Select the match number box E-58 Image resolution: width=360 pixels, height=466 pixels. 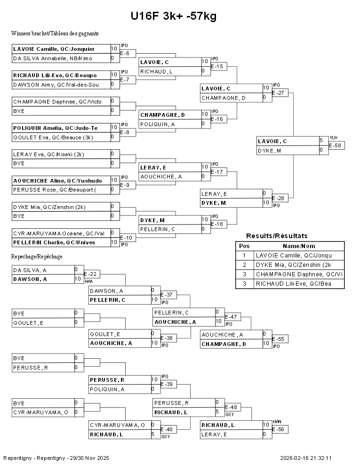click(x=336, y=145)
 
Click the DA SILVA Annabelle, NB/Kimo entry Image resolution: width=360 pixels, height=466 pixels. click(x=61, y=58)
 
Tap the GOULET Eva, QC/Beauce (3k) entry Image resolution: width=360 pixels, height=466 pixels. click(x=61, y=137)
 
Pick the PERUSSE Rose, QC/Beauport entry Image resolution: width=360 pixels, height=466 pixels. click(x=61, y=190)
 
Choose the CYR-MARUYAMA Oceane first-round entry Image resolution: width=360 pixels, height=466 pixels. click(x=61, y=233)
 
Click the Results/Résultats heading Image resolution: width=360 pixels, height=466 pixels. click(x=277, y=236)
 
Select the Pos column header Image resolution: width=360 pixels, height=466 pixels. click(x=244, y=246)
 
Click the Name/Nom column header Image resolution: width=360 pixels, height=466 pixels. click(x=299, y=246)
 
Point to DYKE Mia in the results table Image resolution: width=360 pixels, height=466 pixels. click(x=299, y=265)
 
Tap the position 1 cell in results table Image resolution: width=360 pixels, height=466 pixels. click(x=244, y=256)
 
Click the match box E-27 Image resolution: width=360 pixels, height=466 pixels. click(x=280, y=93)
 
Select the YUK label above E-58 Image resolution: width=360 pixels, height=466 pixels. click(x=333, y=138)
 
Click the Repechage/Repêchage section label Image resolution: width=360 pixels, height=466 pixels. click(x=37, y=257)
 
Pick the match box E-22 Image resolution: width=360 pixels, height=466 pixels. click(x=92, y=274)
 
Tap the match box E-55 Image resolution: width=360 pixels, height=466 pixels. click(x=280, y=339)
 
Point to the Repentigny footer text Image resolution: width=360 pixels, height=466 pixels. click(x=56, y=458)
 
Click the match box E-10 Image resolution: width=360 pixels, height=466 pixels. click(x=128, y=238)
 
